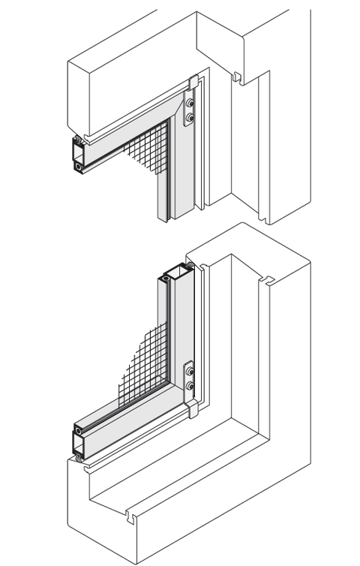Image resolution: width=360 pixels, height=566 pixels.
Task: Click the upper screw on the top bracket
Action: coord(190,103)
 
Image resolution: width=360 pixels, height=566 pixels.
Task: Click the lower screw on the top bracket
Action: coord(190,118)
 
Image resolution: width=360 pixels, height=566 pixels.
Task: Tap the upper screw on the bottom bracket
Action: coord(189,371)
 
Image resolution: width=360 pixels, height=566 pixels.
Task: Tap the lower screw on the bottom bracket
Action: coord(189,386)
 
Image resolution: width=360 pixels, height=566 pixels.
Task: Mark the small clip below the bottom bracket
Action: coord(192,409)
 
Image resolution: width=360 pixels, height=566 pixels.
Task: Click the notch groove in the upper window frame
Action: coord(237,76)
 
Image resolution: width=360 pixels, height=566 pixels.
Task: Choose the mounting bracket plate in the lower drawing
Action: coord(189,378)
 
